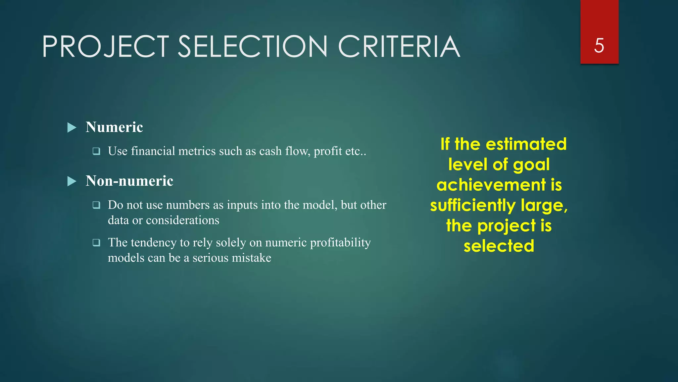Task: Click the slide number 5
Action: click(x=599, y=45)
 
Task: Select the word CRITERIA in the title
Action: click(x=399, y=47)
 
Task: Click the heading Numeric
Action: click(x=114, y=127)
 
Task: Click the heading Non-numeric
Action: click(x=129, y=181)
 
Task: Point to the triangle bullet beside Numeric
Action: click(x=72, y=127)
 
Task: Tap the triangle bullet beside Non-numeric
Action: click(x=72, y=181)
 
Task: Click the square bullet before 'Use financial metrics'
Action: click(x=96, y=151)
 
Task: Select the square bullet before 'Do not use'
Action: click(x=96, y=205)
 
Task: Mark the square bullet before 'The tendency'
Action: click(x=96, y=243)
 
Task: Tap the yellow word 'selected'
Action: click(x=499, y=246)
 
